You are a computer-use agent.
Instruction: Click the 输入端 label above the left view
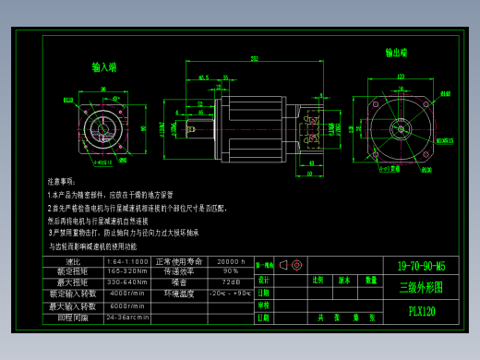coord(104,67)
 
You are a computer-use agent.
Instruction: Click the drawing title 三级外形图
coord(421,288)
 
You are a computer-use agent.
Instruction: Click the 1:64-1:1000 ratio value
coord(126,262)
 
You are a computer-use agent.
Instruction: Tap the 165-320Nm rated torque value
coord(126,271)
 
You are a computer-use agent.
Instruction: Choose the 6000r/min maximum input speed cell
coord(126,305)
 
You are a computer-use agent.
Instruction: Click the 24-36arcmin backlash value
coord(126,316)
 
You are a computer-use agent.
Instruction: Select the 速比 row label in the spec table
coord(74,262)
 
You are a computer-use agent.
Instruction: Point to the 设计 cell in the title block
coord(263,279)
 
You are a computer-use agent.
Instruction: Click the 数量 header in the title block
coord(370,279)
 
